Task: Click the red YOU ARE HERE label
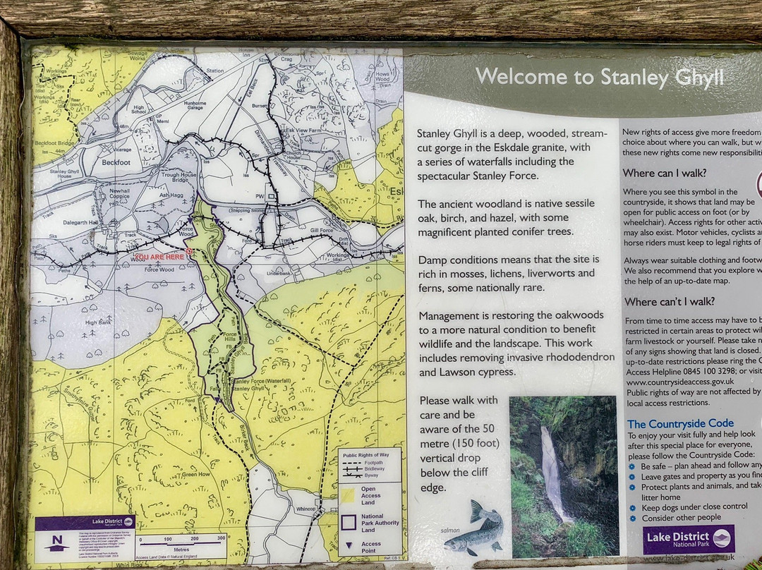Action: pos(159,257)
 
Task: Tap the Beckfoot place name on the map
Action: pos(117,162)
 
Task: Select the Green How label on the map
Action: pos(196,475)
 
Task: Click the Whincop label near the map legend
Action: pos(307,509)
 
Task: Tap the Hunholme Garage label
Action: pos(183,108)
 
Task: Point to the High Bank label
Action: pos(99,322)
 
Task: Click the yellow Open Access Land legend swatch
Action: pos(349,495)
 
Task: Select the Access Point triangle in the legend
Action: pos(349,544)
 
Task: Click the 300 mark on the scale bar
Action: pos(221,538)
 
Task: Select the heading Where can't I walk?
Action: pos(670,301)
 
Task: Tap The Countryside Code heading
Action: pos(680,424)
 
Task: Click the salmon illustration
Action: pos(475,529)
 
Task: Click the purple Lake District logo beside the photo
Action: pos(689,539)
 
